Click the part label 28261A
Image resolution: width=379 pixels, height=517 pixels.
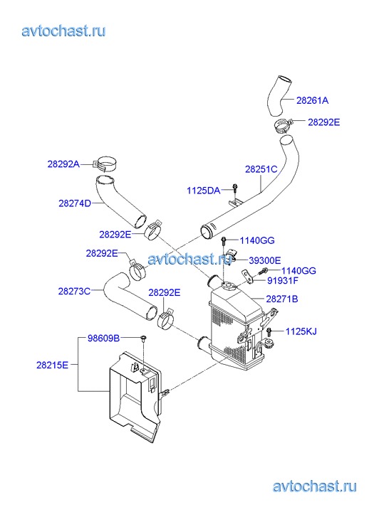pyautogui.click(x=312, y=100)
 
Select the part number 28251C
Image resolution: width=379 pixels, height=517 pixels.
pyautogui.click(x=261, y=169)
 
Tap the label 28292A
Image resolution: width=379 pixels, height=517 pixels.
pyautogui.click(x=63, y=164)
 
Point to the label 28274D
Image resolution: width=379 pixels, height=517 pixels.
pyautogui.click(x=75, y=203)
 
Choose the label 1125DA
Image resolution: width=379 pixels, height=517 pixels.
pyautogui.click(x=204, y=191)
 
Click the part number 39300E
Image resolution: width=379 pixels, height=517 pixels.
pyautogui.click(x=265, y=261)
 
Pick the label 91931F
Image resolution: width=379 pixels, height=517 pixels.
pyautogui.click(x=283, y=281)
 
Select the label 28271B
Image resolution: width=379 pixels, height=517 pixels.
pyautogui.click(x=282, y=299)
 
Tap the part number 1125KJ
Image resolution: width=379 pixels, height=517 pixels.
pyautogui.click(x=301, y=331)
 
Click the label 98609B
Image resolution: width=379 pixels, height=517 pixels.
pyautogui.click(x=103, y=338)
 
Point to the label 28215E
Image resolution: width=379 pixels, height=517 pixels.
pyautogui.click(x=52, y=365)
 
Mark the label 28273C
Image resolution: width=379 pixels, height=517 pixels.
pyautogui.click(x=74, y=292)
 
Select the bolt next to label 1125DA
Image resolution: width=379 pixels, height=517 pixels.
pyautogui.click(x=234, y=188)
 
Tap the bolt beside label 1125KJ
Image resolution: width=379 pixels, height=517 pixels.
pyautogui.click(x=269, y=331)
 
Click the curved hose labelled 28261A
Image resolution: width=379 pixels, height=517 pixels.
pyautogui.click(x=279, y=96)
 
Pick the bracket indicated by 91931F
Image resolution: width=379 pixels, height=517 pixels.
pyautogui.click(x=247, y=277)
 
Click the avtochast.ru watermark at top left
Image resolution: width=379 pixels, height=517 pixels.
pyautogui.click(x=64, y=31)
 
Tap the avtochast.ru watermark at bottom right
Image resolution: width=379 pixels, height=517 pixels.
pyautogui.click(x=315, y=486)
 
